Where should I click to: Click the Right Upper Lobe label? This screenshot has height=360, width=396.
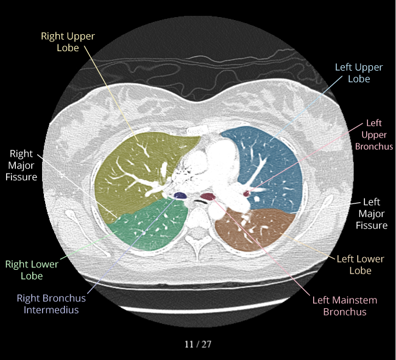68,41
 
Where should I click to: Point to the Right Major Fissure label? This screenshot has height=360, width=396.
23,164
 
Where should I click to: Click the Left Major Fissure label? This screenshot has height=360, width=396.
371,213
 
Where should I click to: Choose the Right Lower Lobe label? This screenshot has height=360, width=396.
32,270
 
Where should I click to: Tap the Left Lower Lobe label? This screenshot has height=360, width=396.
360,264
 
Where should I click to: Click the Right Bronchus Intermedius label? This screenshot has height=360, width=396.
51,303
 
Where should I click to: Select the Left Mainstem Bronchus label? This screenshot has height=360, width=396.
344,306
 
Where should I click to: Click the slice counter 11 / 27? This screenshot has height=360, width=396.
198,344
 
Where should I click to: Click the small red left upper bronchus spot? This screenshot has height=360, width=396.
247,194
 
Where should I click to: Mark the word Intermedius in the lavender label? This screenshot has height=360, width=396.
51,309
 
